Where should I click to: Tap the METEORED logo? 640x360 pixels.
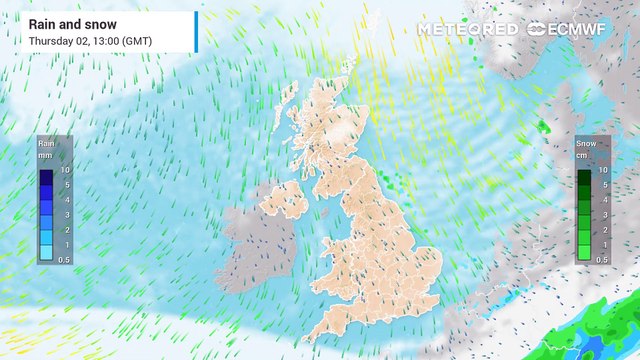pyautogui.click(x=467, y=29)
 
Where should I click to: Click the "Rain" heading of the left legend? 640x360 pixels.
pyautogui.click(x=46, y=143)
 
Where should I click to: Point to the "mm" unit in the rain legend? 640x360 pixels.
pyautogui.click(x=46, y=155)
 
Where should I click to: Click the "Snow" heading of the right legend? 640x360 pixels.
pyautogui.click(x=586, y=143)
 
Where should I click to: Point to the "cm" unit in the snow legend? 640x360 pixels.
pyautogui.click(x=586, y=155)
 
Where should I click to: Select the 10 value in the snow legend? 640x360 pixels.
pyautogui.click(x=603, y=171)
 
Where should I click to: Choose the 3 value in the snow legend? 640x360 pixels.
pyautogui.click(x=603, y=215)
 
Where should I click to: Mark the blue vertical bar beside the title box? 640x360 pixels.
pyautogui.click(x=196, y=31)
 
